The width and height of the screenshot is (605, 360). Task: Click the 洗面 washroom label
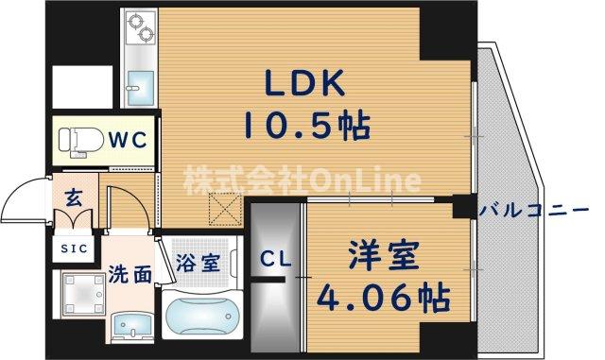click(130, 274)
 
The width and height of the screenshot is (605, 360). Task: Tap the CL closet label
click(276, 258)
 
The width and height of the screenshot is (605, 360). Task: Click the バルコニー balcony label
click(540, 208)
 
